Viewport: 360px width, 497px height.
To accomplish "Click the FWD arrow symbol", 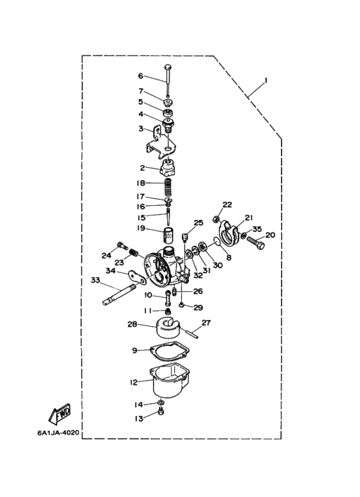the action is (x=60, y=413).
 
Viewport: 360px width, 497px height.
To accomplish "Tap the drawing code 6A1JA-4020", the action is (x=58, y=432).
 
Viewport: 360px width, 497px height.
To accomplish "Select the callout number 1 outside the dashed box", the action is (x=266, y=81).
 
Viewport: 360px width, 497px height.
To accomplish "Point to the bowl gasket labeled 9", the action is (x=170, y=351).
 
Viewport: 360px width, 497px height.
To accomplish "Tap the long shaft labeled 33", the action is (x=119, y=294).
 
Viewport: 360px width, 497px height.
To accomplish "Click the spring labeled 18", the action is (x=168, y=187).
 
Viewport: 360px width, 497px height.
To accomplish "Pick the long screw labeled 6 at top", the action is (x=168, y=80).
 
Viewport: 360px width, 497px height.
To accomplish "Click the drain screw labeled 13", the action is (x=161, y=412).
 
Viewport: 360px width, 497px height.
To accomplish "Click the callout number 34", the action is (x=111, y=271).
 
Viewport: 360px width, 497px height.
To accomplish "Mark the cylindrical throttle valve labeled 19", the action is (x=169, y=235).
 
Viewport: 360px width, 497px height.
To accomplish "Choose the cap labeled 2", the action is (x=168, y=168).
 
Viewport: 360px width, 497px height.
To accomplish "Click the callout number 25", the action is (x=199, y=223).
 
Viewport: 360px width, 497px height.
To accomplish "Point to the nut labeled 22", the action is (x=215, y=219).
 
